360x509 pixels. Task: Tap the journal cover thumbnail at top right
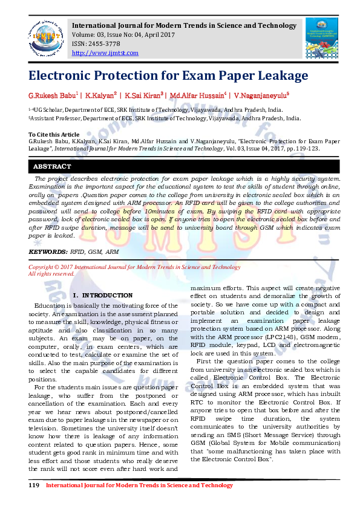pyautogui.click(x=321, y=38)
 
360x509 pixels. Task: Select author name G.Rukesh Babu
pyautogui.click(x=52, y=96)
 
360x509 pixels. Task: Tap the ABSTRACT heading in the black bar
pyautogui.click(x=52, y=166)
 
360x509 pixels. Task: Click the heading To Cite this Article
pyautogui.click(x=54, y=134)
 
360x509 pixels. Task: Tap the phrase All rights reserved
pyautogui.click(x=52, y=273)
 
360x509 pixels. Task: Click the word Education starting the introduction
pyautogui.click(x=49, y=306)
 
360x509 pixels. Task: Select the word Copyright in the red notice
pyautogui.click(x=41, y=267)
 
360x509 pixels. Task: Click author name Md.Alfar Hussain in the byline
pyautogui.click(x=197, y=96)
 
